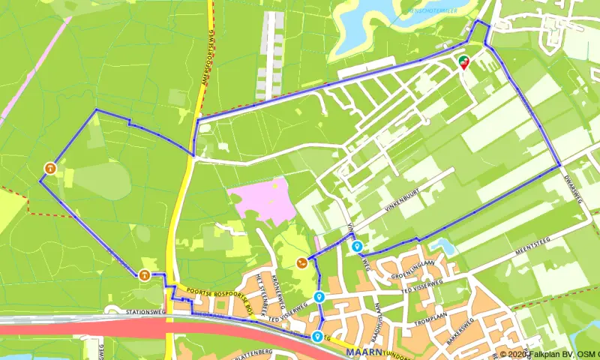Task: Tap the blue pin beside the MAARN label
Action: tap(318, 336)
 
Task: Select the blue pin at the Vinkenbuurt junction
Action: tap(357, 245)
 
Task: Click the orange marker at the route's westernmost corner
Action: tap(49, 168)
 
